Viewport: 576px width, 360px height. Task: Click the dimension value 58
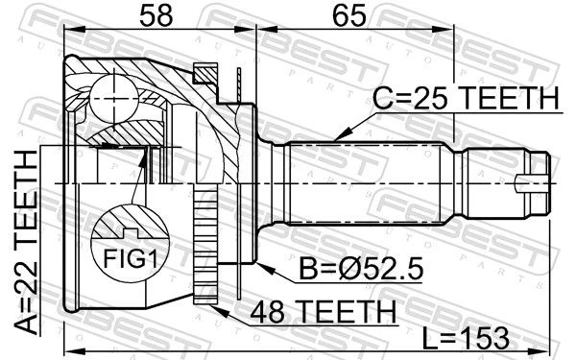[x=156, y=16]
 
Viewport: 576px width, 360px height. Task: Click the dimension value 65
[x=349, y=16]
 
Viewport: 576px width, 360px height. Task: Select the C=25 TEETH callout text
[x=466, y=98]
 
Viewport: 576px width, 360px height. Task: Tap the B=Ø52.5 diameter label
[x=361, y=268]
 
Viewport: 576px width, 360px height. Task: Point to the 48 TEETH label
[x=324, y=311]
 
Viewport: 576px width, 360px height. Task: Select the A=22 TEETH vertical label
[x=26, y=243]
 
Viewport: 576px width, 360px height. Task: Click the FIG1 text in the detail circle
[x=131, y=258]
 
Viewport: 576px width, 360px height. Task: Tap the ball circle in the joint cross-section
[x=114, y=99]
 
